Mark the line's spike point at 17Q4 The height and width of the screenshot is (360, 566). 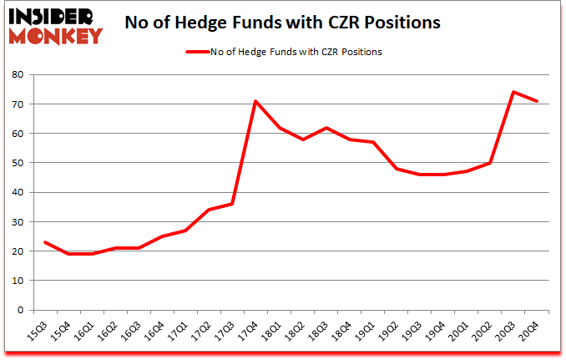coord(255,101)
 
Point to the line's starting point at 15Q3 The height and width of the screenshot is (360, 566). coord(44,242)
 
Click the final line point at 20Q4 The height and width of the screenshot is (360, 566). coord(538,101)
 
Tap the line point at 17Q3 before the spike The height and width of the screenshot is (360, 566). coord(232,204)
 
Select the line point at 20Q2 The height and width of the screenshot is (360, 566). coord(491,163)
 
